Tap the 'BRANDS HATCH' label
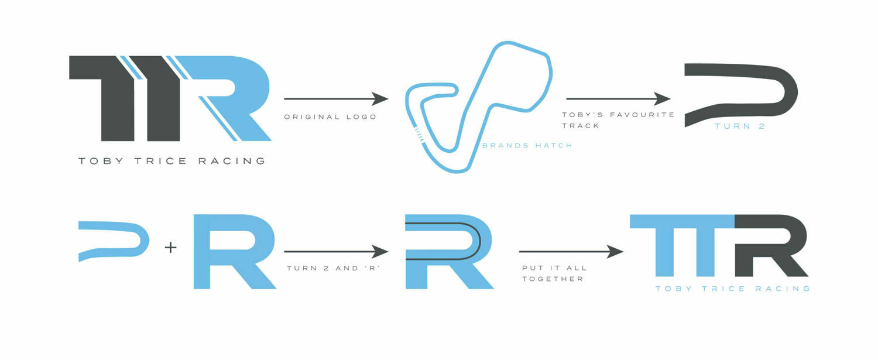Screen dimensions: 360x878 pyautogui.click(x=527, y=145)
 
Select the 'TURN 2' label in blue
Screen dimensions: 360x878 pyautogui.click(x=740, y=126)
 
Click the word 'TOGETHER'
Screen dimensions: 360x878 pyautogui.click(x=553, y=279)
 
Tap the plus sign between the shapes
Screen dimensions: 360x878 pyautogui.click(x=170, y=248)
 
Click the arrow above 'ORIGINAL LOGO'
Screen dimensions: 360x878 pyautogui.click(x=336, y=98)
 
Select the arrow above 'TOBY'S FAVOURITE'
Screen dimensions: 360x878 pyautogui.click(x=618, y=98)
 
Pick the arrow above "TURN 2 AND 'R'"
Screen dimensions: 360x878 pyautogui.click(x=336, y=252)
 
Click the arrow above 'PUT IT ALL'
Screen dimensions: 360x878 pyautogui.click(x=571, y=252)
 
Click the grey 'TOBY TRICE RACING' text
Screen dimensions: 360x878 pyautogui.click(x=172, y=160)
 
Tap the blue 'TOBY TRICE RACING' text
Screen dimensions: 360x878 pyautogui.click(x=733, y=289)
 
